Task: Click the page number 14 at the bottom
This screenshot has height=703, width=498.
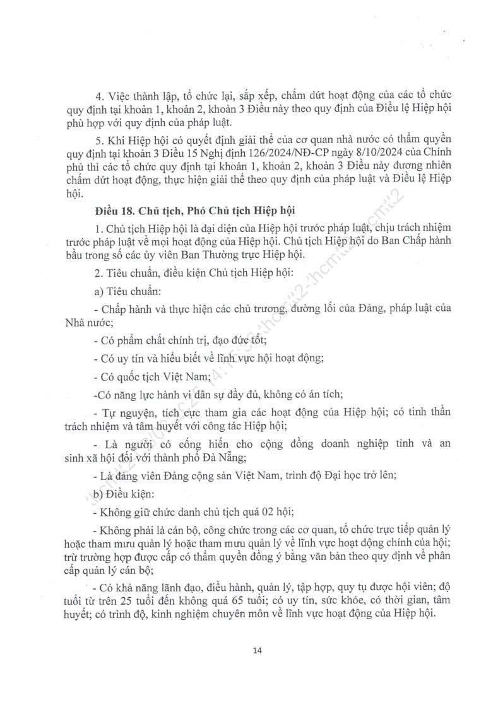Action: (256, 650)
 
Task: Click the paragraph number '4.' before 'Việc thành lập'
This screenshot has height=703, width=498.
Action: (99, 96)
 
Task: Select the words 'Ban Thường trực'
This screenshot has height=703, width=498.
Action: (206, 255)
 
